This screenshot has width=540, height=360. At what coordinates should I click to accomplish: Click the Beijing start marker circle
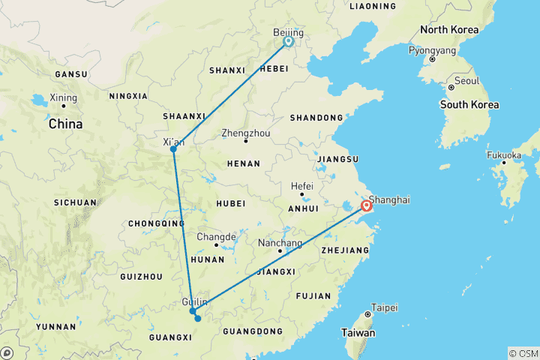(288, 42)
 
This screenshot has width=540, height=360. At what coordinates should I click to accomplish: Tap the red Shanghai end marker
(367, 206)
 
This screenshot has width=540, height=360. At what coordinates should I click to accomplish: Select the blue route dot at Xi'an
(173, 148)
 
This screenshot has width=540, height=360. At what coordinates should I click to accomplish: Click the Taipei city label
(383, 307)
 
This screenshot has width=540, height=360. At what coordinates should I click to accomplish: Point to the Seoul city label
(466, 81)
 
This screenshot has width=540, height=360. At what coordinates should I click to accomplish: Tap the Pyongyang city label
(431, 51)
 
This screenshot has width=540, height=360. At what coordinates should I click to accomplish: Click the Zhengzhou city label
(245, 133)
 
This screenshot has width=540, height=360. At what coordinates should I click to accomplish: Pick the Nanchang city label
(279, 244)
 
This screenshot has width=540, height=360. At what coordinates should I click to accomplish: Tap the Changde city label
(215, 237)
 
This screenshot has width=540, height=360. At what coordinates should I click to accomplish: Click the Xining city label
(63, 98)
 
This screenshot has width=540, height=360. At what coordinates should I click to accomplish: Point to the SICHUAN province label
(75, 202)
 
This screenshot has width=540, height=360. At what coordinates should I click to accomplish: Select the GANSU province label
(71, 74)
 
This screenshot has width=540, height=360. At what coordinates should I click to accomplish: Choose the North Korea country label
(448, 30)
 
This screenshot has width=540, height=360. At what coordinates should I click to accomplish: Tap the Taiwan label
(358, 332)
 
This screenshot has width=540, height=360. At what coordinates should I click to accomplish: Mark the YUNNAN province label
(55, 327)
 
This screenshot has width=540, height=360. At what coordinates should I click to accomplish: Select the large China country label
(66, 125)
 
